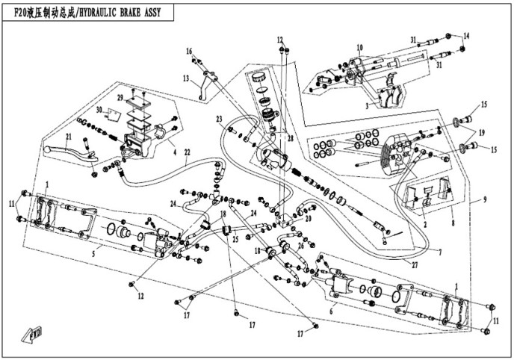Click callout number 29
119,98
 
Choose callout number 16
190,51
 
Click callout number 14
466,36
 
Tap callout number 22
188,152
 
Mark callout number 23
220,120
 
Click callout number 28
291,140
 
